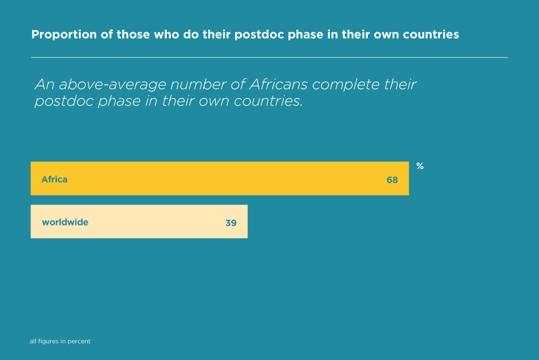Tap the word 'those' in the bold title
coord(132,35)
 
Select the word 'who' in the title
coord(168,35)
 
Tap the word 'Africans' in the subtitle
coord(278,85)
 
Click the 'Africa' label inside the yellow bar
coord(54,179)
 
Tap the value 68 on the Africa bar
coord(392,180)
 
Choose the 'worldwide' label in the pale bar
coord(65,222)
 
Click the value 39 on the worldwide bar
coord(231,223)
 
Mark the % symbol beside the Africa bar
coord(420,166)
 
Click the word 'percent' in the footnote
coord(79,342)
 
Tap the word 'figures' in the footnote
coord(49,342)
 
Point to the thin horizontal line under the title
coord(269,57)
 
